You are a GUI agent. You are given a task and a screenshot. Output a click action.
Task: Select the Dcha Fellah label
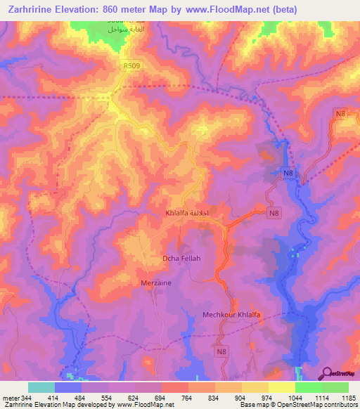click(181, 259)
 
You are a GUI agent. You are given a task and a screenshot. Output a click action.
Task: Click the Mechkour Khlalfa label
click(231, 315)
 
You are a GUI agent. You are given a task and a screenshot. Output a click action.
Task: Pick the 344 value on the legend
click(27, 398)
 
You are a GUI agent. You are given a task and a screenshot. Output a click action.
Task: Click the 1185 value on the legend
click(348, 398)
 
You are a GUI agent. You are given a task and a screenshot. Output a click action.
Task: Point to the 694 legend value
click(160, 398)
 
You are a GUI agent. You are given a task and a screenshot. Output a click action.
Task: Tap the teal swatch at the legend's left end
click(41, 387)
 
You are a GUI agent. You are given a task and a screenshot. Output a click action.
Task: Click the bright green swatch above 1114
click(308, 387)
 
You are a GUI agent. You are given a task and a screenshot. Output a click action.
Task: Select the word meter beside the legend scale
click(10, 398)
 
